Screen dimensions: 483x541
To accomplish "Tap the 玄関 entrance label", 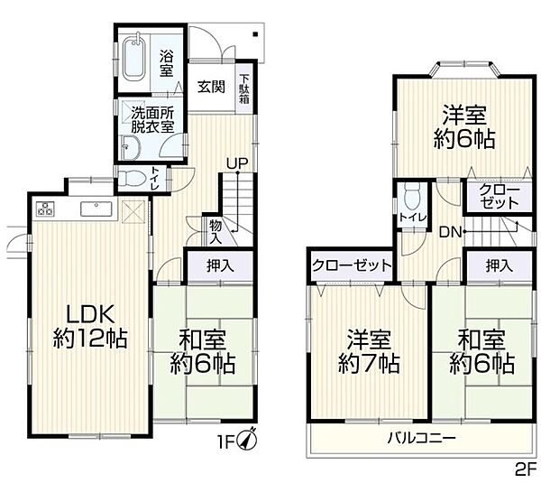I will point(212,88).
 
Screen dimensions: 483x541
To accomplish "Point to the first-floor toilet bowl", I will point(133,176).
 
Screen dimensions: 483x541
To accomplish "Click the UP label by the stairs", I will point(237,163).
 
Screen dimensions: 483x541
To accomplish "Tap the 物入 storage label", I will point(215,231).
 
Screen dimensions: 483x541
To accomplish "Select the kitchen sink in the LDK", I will point(95,209).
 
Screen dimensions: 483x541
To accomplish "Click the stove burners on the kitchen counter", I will point(45,209).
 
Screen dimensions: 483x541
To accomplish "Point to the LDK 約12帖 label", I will point(88,327).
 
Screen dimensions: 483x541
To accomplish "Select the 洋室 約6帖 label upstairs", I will point(466,127).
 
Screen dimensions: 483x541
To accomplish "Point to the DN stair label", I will point(452,232).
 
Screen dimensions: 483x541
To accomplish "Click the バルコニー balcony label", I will point(420,438).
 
